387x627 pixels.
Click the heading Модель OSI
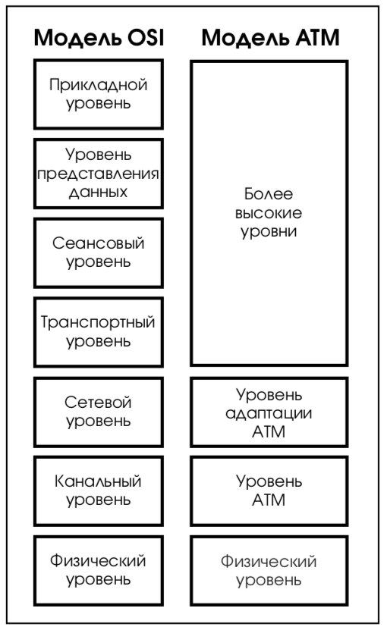point(99,38)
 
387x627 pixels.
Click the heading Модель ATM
point(271,38)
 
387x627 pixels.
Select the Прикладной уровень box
point(99,94)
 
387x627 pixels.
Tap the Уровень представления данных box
point(99,174)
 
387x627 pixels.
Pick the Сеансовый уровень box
point(99,252)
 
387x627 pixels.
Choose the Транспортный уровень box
point(99,332)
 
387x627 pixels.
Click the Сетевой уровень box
point(99,412)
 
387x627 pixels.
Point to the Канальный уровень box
point(99,491)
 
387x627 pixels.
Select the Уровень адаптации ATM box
point(269,412)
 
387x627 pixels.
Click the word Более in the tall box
point(269,194)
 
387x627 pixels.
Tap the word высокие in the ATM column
point(269,213)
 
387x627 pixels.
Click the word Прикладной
point(99,85)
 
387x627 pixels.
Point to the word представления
point(99,174)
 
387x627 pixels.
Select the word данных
point(99,193)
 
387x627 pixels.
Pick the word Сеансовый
point(99,243)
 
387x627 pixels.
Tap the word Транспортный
point(98,323)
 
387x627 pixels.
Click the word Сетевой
point(99,403)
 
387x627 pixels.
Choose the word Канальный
point(98,481)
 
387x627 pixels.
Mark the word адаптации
point(269,414)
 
